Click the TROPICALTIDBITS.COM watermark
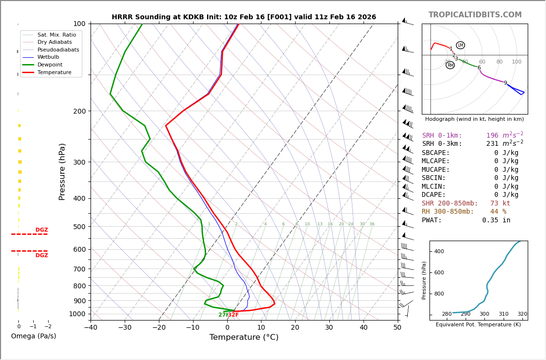coord(475,15)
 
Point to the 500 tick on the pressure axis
coord(79,227)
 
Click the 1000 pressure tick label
coord(77,314)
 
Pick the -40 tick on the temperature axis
coord(91,328)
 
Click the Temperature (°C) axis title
coord(244,337)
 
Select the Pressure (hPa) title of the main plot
coord(62,171)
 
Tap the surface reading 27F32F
coord(228,315)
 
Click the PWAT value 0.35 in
coord(496,220)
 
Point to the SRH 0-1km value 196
coord(492,136)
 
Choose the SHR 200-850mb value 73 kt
coord(500,204)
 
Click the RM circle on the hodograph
coord(450,65)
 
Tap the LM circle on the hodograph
coord(460,45)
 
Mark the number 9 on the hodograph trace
coord(505,83)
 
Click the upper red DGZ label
coord(41,230)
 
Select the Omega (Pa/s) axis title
coord(34,336)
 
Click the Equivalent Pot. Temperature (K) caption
coord(478,325)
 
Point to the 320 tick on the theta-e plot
coord(522,314)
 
